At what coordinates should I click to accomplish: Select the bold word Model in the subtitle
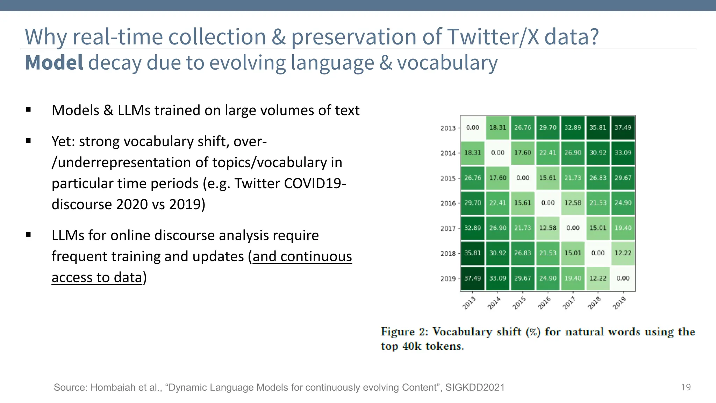tap(54, 63)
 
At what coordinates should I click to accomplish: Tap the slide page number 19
tap(686, 387)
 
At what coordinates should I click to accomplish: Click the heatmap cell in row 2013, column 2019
tap(623, 128)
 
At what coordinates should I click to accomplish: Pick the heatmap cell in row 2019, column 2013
tap(472, 278)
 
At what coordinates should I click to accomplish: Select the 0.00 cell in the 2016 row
tap(547, 203)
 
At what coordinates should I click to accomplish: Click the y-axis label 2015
tap(448, 178)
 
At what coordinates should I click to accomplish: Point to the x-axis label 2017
tap(569, 303)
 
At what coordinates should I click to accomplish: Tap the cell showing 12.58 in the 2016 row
tap(573, 203)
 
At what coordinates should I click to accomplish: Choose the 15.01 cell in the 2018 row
tap(573, 253)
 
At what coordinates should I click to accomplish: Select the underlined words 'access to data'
tap(97, 277)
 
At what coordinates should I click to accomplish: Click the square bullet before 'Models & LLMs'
tap(28, 110)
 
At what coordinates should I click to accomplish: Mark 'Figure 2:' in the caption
tap(404, 332)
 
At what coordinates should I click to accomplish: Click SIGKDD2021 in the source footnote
tap(475, 388)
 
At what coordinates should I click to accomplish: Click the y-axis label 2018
tap(448, 254)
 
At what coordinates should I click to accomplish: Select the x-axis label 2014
tap(494, 303)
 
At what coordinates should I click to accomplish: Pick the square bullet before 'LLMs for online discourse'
tap(28, 235)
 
